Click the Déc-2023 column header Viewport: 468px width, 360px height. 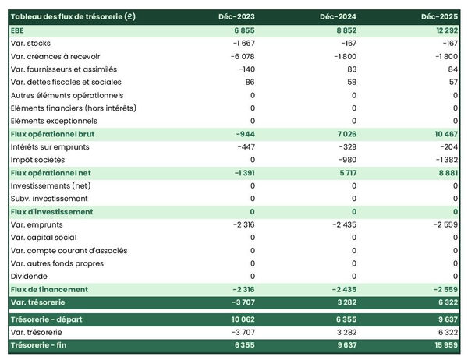coord(238,16)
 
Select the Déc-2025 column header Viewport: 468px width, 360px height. coord(439,16)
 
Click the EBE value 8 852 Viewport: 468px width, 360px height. coord(343,30)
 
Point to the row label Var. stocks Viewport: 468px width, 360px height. coord(34,43)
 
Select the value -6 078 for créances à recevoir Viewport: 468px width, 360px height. coord(240,56)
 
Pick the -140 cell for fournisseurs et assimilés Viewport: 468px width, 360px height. coord(245,69)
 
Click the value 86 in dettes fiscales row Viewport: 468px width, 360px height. coord(250,82)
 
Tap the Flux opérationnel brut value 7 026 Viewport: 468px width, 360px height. coord(343,134)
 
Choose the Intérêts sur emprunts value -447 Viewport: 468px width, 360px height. coord(243,146)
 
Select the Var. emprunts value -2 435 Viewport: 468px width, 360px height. coord(343,224)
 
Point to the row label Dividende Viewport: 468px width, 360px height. coord(30,276)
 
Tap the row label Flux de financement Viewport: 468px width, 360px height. coord(49,289)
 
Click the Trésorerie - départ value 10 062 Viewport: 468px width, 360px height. coord(239,319)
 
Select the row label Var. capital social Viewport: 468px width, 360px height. coord(44,238)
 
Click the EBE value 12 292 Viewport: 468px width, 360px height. coord(441,30)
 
